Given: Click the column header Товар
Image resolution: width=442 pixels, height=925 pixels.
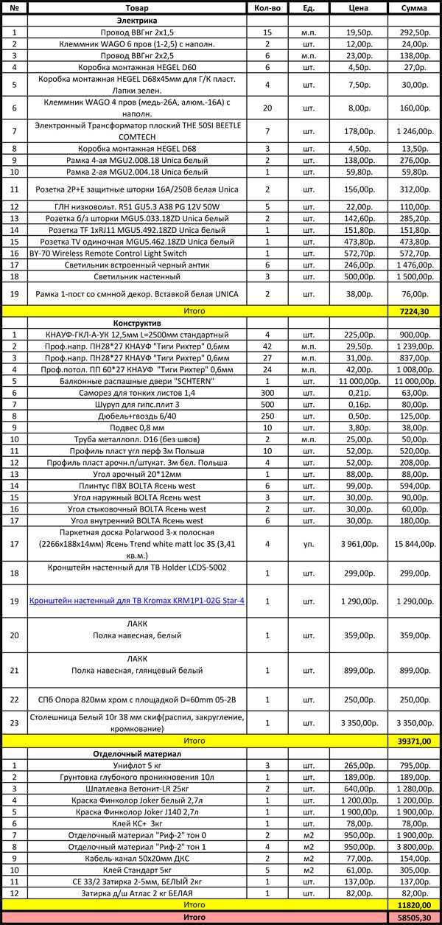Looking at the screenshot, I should point(137,8).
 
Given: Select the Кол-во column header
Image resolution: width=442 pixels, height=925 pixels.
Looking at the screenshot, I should point(267,8).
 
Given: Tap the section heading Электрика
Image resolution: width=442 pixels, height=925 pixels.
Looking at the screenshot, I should point(136,21).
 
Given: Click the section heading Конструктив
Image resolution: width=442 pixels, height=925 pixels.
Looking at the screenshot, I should point(136,323).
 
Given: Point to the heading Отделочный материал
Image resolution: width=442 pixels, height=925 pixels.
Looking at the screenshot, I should point(137,754).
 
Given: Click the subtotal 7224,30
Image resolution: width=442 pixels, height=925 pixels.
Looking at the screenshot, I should point(415,312).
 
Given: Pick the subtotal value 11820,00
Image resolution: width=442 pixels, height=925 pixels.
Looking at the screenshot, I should point(415,904).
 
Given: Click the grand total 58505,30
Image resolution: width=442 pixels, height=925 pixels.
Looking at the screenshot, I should point(415,916).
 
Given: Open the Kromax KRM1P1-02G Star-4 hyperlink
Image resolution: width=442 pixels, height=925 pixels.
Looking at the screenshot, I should point(137,601).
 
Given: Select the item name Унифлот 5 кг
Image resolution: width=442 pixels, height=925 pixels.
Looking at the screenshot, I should point(137,766).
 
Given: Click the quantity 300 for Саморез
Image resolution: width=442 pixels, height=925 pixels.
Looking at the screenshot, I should point(267,393).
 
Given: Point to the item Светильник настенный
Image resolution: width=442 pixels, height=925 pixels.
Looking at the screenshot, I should point(137,276).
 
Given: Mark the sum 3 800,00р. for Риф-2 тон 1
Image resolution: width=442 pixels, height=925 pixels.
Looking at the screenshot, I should point(415,846).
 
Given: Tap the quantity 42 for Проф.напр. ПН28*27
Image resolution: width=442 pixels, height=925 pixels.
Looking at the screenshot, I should point(267,346).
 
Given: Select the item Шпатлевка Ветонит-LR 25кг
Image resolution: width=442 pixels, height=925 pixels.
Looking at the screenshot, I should point(137,789).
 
